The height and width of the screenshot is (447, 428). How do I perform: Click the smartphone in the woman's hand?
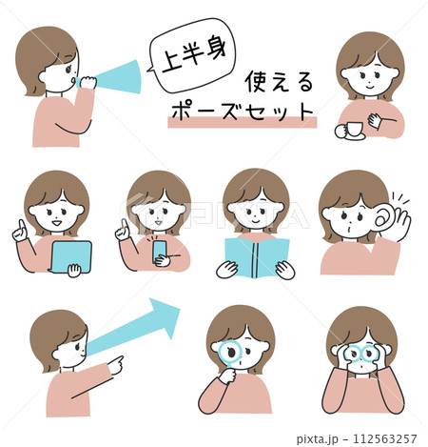click(x=160, y=251)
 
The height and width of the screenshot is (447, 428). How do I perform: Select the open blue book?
click(x=255, y=256)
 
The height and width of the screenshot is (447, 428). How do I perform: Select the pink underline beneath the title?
click(x=241, y=122)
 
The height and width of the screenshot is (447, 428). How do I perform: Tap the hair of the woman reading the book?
click(x=255, y=183)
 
